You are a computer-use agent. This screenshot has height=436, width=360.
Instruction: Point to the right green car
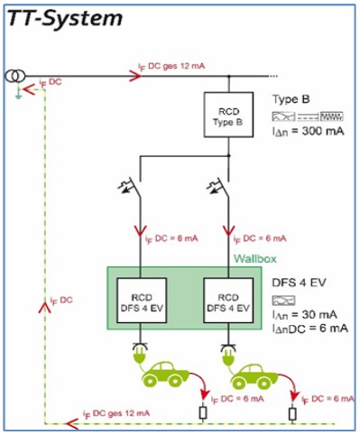coord(260,373)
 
